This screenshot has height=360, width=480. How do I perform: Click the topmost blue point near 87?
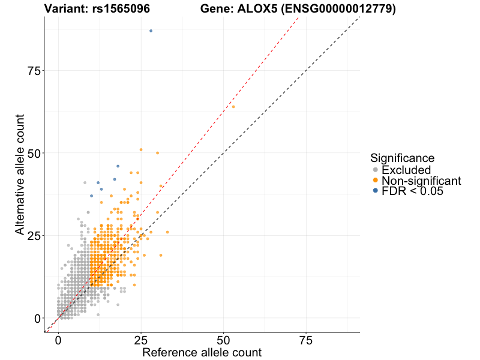[151, 31]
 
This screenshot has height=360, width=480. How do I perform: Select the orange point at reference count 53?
[233, 107]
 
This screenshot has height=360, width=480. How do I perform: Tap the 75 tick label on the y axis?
[33, 71]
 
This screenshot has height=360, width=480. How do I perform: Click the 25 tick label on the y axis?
[33, 235]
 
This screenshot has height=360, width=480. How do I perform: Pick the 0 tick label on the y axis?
[37, 318]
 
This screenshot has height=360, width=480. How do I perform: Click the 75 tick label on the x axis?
[306, 340]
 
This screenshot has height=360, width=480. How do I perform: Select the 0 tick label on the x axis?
[58, 340]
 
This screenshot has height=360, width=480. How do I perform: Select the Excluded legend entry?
[406, 170]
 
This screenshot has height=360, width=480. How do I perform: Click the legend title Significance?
[402, 158]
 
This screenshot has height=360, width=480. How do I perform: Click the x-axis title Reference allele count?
[202, 352]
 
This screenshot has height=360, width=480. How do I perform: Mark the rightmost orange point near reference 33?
[167, 232]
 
